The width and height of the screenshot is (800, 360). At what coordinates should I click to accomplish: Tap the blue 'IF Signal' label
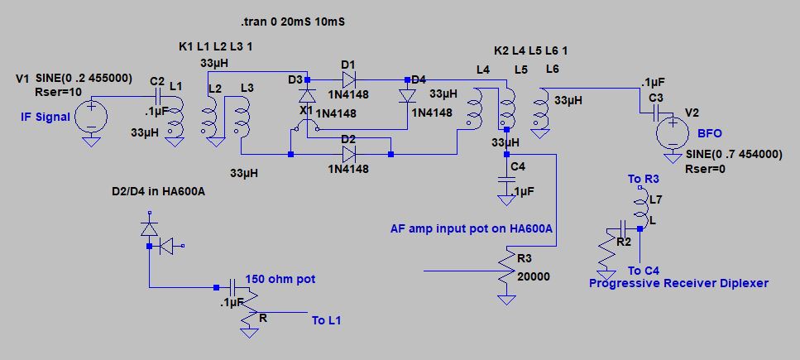tap(45, 118)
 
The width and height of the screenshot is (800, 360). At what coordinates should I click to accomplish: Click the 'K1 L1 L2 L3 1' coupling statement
tap(216, 46)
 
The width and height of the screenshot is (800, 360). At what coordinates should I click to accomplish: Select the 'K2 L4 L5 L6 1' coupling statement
tap(530, 51)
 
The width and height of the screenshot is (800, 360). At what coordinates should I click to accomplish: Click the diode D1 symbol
tap(348, 79)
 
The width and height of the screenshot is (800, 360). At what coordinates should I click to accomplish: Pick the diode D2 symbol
tap(348, 154)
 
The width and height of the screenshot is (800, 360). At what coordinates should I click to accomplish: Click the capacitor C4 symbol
tap(505, 180)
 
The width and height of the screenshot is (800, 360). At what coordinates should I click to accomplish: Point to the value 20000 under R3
tap(533, 276)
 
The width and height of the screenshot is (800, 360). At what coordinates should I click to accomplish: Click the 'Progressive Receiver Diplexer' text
tap(678, 283)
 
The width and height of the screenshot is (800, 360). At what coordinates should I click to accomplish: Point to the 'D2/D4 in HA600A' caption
tap(158, 193)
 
